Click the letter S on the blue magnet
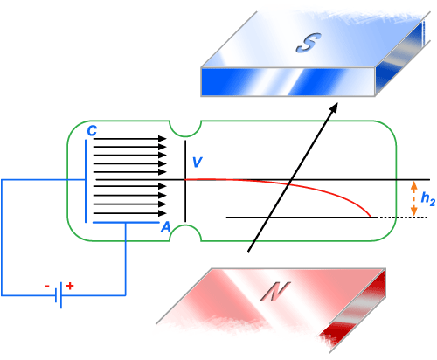coord(309,43)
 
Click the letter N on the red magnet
coord(275,291)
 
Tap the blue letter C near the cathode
coord(92,131)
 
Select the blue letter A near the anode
coord(166,226)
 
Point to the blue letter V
coord(198,162)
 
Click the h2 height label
coord(428,199)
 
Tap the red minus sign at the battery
coord(47,287)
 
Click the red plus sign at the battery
coord(70,286)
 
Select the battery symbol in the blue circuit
coord(59,295)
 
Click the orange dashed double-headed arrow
coord(414,199)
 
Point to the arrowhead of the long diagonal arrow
coord(333,107)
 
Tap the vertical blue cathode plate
coord(86,181)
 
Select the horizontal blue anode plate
coord(126,223)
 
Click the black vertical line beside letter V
coord(185,181)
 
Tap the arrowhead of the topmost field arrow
coord(163,139)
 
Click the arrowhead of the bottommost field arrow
coord(163,213)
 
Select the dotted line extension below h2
coord(403,218)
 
